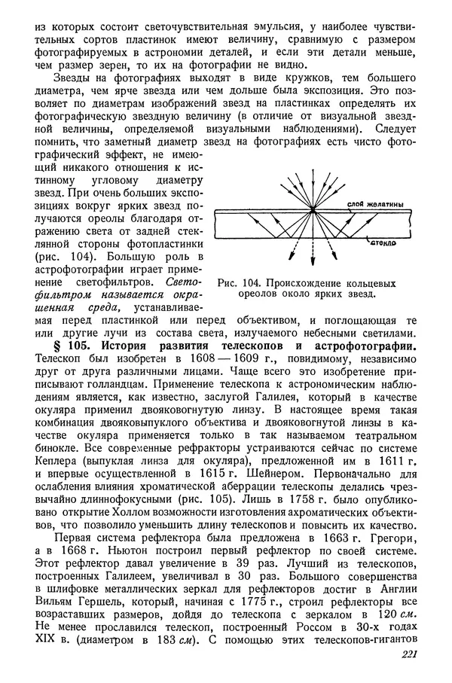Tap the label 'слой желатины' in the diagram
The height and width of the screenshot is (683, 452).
(x=369, y=204)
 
